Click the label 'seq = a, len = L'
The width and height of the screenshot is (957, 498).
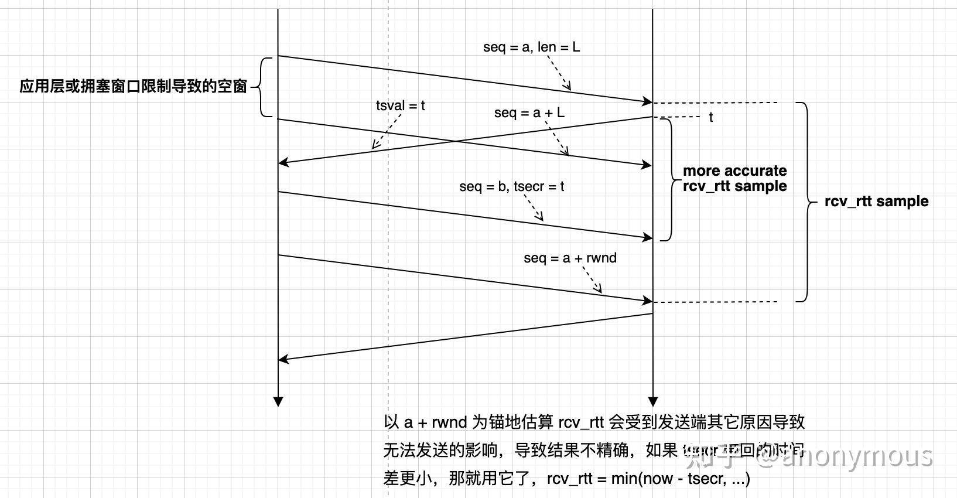pos(531,47)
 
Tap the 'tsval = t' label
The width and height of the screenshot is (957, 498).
pos(400,105)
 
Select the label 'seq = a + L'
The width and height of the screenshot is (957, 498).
pos(529,112)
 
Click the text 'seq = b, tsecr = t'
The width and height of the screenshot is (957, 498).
pos(511,186)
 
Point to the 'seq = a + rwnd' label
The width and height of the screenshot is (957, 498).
pos(570,258)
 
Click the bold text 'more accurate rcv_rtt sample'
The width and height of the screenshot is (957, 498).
pos(734,179)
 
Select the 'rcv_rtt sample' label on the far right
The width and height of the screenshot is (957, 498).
pos(876,201)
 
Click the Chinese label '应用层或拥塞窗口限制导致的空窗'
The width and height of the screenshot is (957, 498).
pos(134,87)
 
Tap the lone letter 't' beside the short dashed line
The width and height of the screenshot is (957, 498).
pos(710,117)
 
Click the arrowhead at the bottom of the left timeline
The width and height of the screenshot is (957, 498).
pos(278,401)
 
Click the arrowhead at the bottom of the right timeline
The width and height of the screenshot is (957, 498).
pos(653,401)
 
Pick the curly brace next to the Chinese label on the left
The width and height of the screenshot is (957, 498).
pos(261,87)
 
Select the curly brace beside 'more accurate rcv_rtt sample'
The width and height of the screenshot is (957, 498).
pos(669,179)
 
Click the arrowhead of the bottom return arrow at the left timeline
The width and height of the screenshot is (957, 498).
pos(283,359)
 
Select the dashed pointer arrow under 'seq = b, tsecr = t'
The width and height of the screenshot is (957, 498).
pos(533,208)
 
